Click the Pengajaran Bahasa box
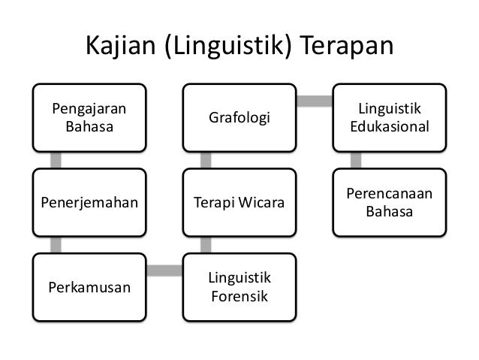point(89,117)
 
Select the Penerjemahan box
point(89,202)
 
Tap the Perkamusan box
point(89,286)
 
